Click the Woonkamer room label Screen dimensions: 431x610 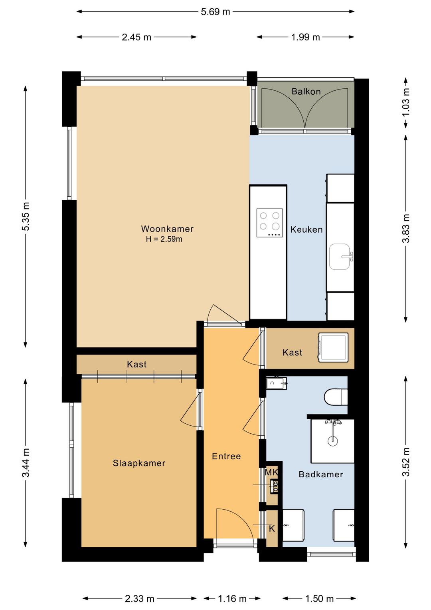pos(167,229)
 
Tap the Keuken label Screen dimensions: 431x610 pos(306,229)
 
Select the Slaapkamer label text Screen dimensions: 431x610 pos(139,463)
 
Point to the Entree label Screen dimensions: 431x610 pos(226,456)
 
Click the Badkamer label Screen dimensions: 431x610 pos(321,474)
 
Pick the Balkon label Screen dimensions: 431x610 pos(306,92)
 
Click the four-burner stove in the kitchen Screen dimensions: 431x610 pos(269,223)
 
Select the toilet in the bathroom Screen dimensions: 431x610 pos(336,397)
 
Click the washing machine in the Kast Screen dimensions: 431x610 pos(333,347)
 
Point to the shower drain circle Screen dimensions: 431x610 pos(332,441)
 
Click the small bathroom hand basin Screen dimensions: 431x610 pos(277,383)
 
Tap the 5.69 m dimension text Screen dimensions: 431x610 pos(215,12)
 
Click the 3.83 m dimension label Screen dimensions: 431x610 pos(406,228)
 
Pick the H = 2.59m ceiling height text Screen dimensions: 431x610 pos(164,239)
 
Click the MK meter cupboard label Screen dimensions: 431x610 pos(271,472)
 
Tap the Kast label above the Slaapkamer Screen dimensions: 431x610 pos(137,365)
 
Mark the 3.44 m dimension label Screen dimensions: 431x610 pos(26,463)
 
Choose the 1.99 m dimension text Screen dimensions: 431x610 pos(305,37)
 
